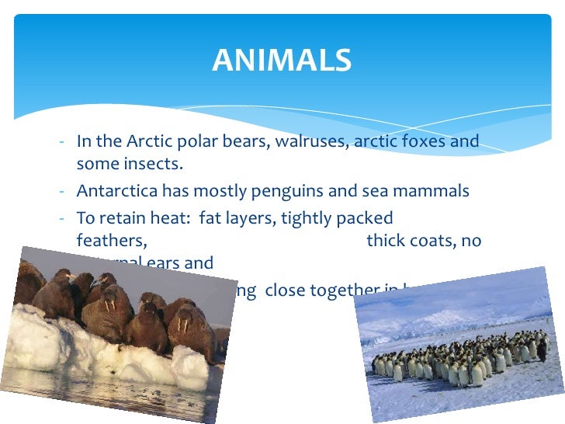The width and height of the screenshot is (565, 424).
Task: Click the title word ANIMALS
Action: coord(282,61)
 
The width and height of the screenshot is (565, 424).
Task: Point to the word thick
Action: coord(386,241)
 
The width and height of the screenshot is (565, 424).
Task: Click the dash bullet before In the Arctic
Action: coord(61,143)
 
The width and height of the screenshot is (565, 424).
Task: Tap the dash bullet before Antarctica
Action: coord(61,192)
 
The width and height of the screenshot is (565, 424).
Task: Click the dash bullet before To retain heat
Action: coord(61,219)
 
